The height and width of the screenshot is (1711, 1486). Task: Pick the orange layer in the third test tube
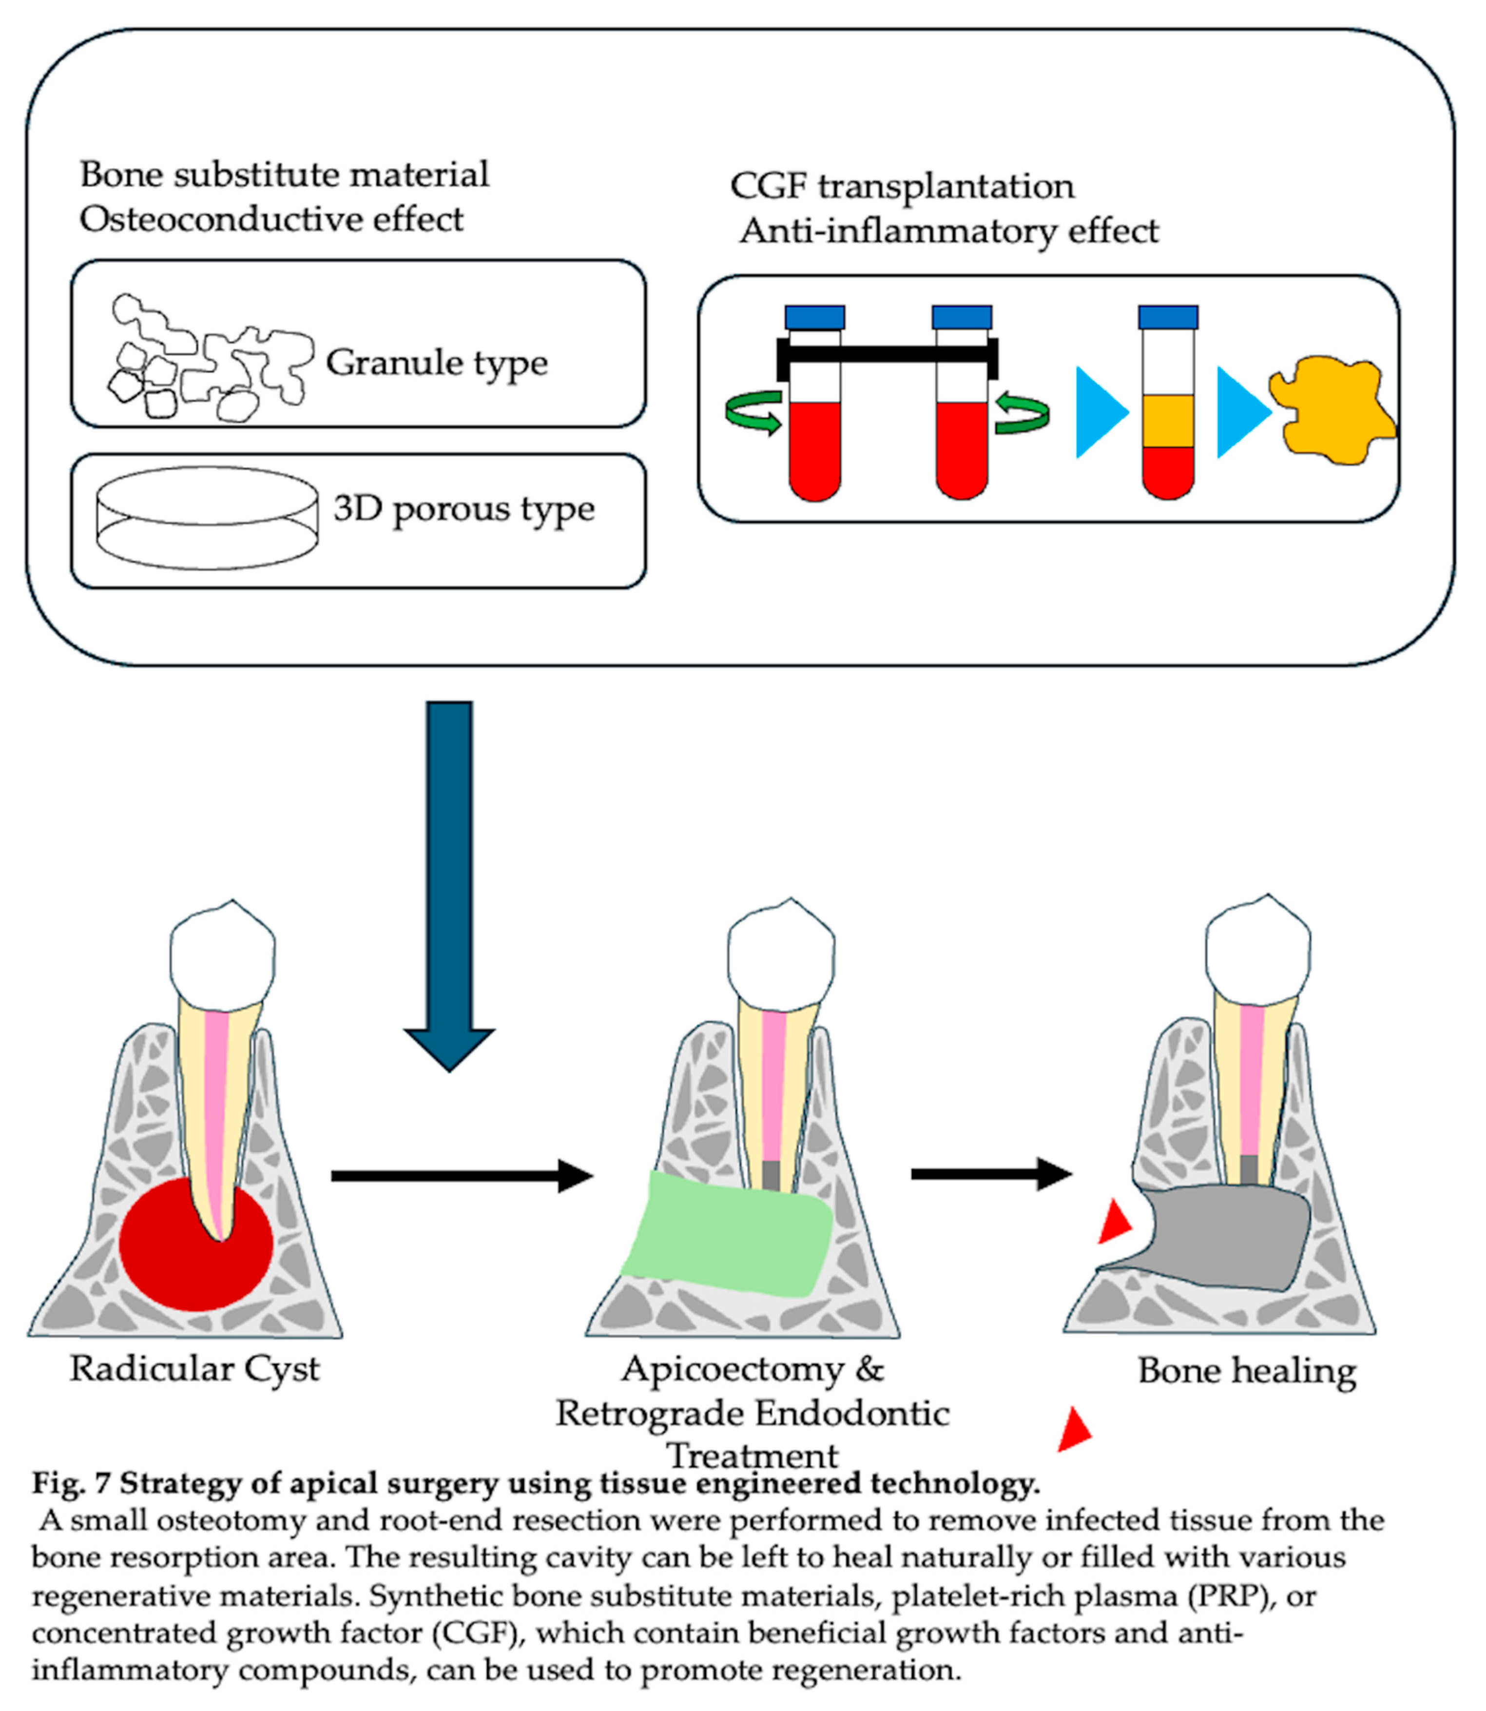1168,421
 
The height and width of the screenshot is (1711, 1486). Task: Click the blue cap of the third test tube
1168,317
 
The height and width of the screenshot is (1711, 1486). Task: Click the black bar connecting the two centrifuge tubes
888,354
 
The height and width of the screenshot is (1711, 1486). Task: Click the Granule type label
437,363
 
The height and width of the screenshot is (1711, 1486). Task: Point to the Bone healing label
1246,1371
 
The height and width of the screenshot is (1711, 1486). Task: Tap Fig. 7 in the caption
71,1483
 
